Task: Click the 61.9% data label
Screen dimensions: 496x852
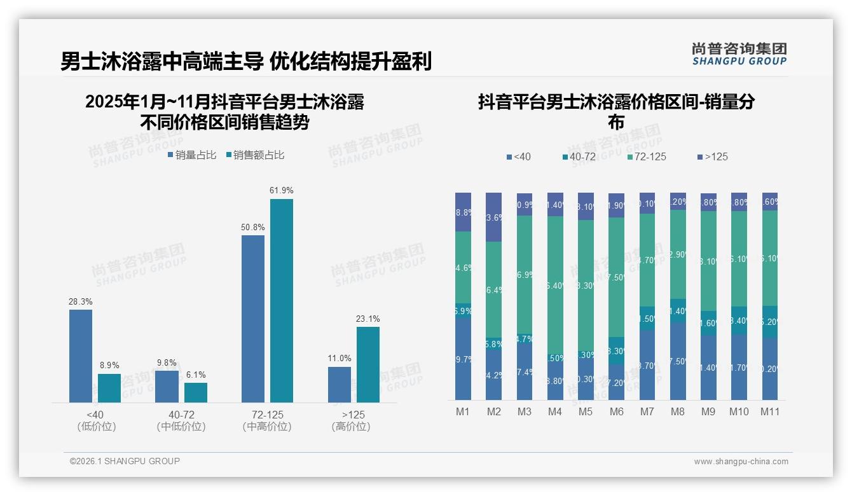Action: [x=281, y=190]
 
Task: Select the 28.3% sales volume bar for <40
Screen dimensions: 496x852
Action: [x=81, y=355]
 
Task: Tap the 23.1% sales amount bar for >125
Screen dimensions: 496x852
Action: [x=368, y=364]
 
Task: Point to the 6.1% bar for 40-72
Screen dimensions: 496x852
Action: [x=196, y=392]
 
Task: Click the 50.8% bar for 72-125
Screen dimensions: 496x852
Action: [x=253, y=319]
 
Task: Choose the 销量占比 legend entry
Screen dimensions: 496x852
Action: [x=192, y=155]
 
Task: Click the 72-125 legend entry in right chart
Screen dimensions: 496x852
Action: [x=647, y=156]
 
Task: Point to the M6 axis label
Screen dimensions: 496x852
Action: [x=616, y=412]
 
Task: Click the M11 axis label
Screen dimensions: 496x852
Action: [x=770, y=412]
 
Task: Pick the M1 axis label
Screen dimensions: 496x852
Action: [x=463, y=412]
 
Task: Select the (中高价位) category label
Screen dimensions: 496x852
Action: [x=267, y=427]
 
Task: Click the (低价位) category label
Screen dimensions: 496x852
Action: [x=97, y=427]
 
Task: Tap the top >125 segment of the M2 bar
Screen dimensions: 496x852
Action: [x=494, y=217]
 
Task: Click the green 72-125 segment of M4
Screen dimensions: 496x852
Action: [x=555, y=285]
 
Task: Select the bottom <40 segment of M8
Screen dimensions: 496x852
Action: [x=678, y=361]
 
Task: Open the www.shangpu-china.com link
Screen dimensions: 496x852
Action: [x=741, y=462]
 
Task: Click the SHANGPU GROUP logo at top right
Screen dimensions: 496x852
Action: [x=739, y=53]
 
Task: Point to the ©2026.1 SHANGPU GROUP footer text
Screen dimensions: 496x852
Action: [x=125, y=461]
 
